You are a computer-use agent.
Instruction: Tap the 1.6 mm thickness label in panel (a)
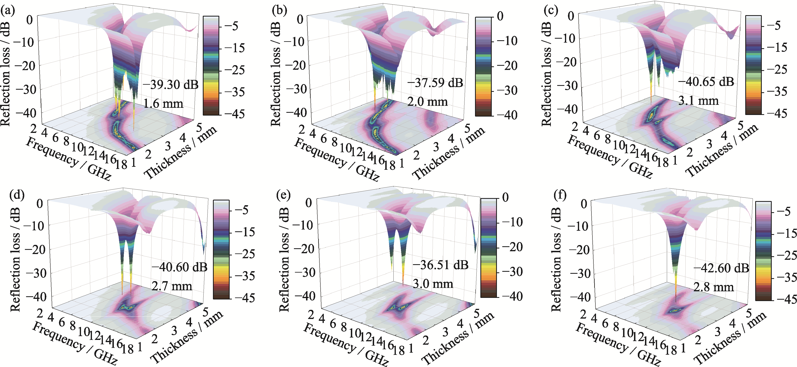(163, 103)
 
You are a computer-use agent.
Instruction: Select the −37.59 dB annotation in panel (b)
(435, 83)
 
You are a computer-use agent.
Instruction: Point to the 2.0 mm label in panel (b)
(427, 102)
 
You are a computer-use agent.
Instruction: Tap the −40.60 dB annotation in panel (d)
(179, 267)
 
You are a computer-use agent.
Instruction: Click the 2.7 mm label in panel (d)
(172, 286)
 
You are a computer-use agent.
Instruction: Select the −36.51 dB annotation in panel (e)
(440, 265)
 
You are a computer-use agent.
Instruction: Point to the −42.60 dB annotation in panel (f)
(721, 268)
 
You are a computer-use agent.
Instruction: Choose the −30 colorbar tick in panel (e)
(512, 272)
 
